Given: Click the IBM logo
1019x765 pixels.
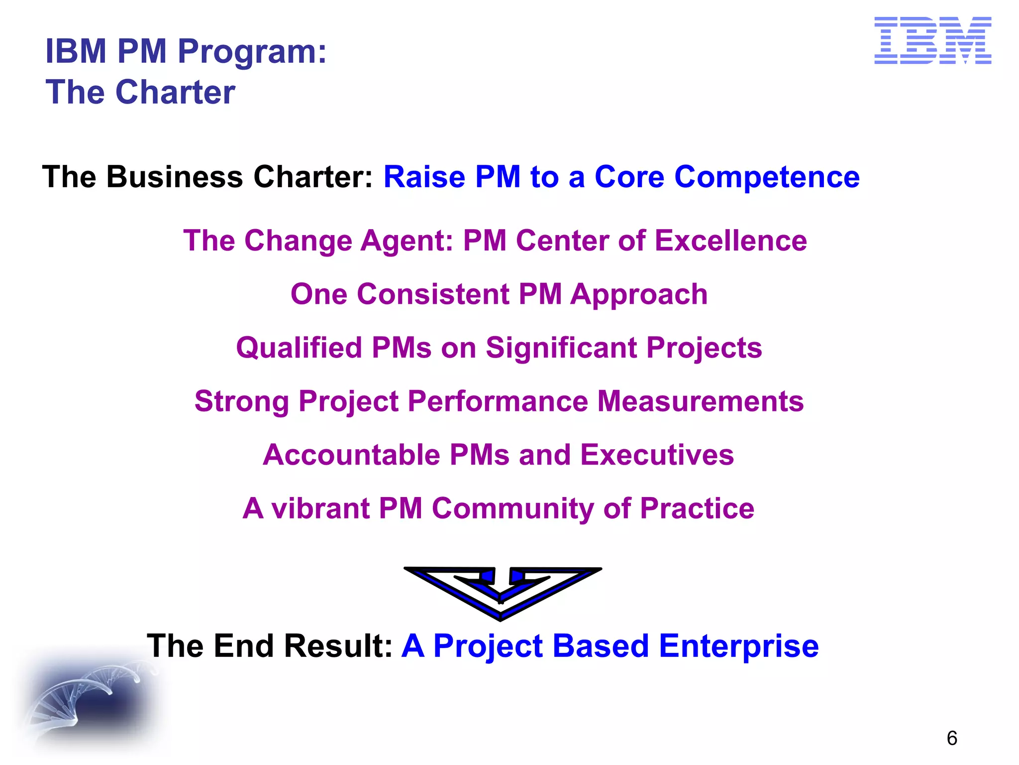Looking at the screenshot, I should click(932, 40).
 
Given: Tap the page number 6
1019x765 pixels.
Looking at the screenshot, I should click(952, 738).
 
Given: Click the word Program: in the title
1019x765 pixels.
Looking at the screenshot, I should click(252, 52).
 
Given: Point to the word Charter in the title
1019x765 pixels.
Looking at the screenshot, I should click(175, 92).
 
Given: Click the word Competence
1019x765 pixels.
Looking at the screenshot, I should click(767, 177).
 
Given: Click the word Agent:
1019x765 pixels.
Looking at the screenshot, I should click(406, 242).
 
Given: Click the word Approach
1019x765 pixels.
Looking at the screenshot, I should click(639, 295).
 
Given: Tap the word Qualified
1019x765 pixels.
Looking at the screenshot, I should click(299, 348).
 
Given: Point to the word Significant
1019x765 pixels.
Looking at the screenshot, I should click(561, 348).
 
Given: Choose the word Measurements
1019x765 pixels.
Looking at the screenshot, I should click(700, 401).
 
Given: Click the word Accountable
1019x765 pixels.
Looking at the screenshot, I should click(351, 455).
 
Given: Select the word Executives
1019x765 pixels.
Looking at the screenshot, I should click(657, 455).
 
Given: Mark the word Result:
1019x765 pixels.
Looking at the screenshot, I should click(339, 646).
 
